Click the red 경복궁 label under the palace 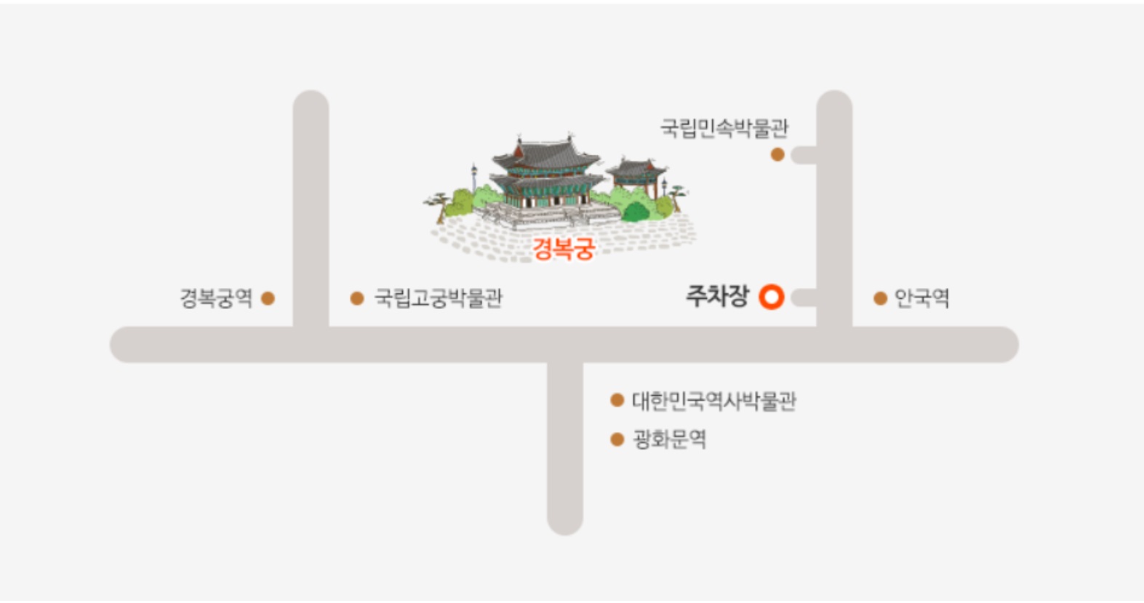[x=564, y=249]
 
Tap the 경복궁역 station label [x=216, y=298]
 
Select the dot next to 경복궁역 [x=268, y=298]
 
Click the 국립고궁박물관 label [x=438, y=298]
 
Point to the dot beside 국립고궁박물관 [x=356, y=298]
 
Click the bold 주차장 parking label [x=716, y=296]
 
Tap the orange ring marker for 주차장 [x=771, y=297]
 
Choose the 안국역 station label [x=921, y=298]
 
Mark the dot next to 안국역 [x=880, y=298]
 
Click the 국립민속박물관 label [x=724, y=129]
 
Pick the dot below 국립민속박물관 [x=777, y=155]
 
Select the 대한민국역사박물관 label [x=713, y=401]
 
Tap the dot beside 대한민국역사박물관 [x=617, y=400]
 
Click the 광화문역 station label [x=669, y=439]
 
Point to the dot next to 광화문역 [x=617, y=439]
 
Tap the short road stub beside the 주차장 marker [x=804, y=297]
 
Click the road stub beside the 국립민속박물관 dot [x=804, y=155]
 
